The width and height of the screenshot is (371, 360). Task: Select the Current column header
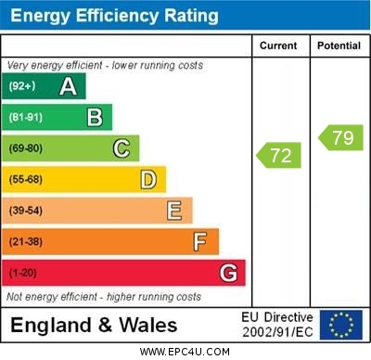pyautogui.click(x=278, y=45)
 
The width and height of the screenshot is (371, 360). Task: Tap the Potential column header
pyautogui.click(x=339, y=45)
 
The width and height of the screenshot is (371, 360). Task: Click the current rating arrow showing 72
pyautogui.click(x=281, y=155)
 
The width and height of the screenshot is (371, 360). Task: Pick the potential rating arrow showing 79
pyautogui.click(x=340, y=138)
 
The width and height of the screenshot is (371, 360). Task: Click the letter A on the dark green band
pyautogui.click(x=68, y=86)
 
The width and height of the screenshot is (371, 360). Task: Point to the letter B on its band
pyautogui.click(x=95, y=117)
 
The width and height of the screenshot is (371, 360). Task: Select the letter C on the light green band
pyautogui.click(x=122, y=148)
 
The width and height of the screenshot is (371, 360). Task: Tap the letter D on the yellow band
pyautogui.click(x=148, y=179)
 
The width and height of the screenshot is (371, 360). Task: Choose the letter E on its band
pyautogui.click(x=174, y=211)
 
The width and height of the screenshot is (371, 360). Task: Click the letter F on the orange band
pyautogui.click(x=200, y=242)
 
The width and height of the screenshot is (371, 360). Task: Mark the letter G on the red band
pyautogui.click(x=228, y=273)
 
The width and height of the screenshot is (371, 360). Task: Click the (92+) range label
pyautogui.click(x=22, y=86)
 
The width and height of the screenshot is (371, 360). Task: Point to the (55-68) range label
pyautogui.click(x=26, y=179)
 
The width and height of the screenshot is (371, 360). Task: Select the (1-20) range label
pyautogui.click(x=23, y=274)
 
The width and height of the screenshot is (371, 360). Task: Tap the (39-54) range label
pyautogui.click(x=26, y=211)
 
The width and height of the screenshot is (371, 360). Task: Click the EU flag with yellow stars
pyautogui.click(x=341, y=324)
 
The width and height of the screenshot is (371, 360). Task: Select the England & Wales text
pyautogui.click(x=94, y=325)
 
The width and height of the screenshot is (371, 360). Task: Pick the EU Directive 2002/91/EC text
pyautogui.click(x=277, y=325)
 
